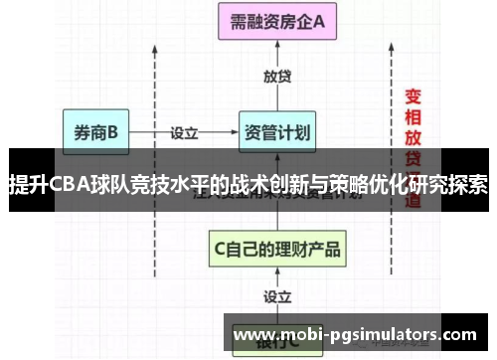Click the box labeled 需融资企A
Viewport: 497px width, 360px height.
pyautogui.click(x=275, y=23)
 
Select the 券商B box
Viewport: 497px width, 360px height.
pyautogui.click(x=96, y=132)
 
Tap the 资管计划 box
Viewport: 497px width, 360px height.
pyautogui.click(x=275, y=132)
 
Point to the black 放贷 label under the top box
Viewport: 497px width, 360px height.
pyautogui.click(x=277, y=77)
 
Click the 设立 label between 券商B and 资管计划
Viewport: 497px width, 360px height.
pyautogui.click(x=185, y=132)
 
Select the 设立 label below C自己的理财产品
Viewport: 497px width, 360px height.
pyautogui.click(x=277, y=296)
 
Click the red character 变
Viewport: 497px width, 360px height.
pyautogui.click(x=414, y=96)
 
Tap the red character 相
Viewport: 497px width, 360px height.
pyautogui.click(x=414, y=118)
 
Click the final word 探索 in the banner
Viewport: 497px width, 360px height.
pyautogui.click(x=466, y=185)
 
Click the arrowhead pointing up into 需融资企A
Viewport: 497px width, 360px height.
pyautogui.click(x=276, y=47)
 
